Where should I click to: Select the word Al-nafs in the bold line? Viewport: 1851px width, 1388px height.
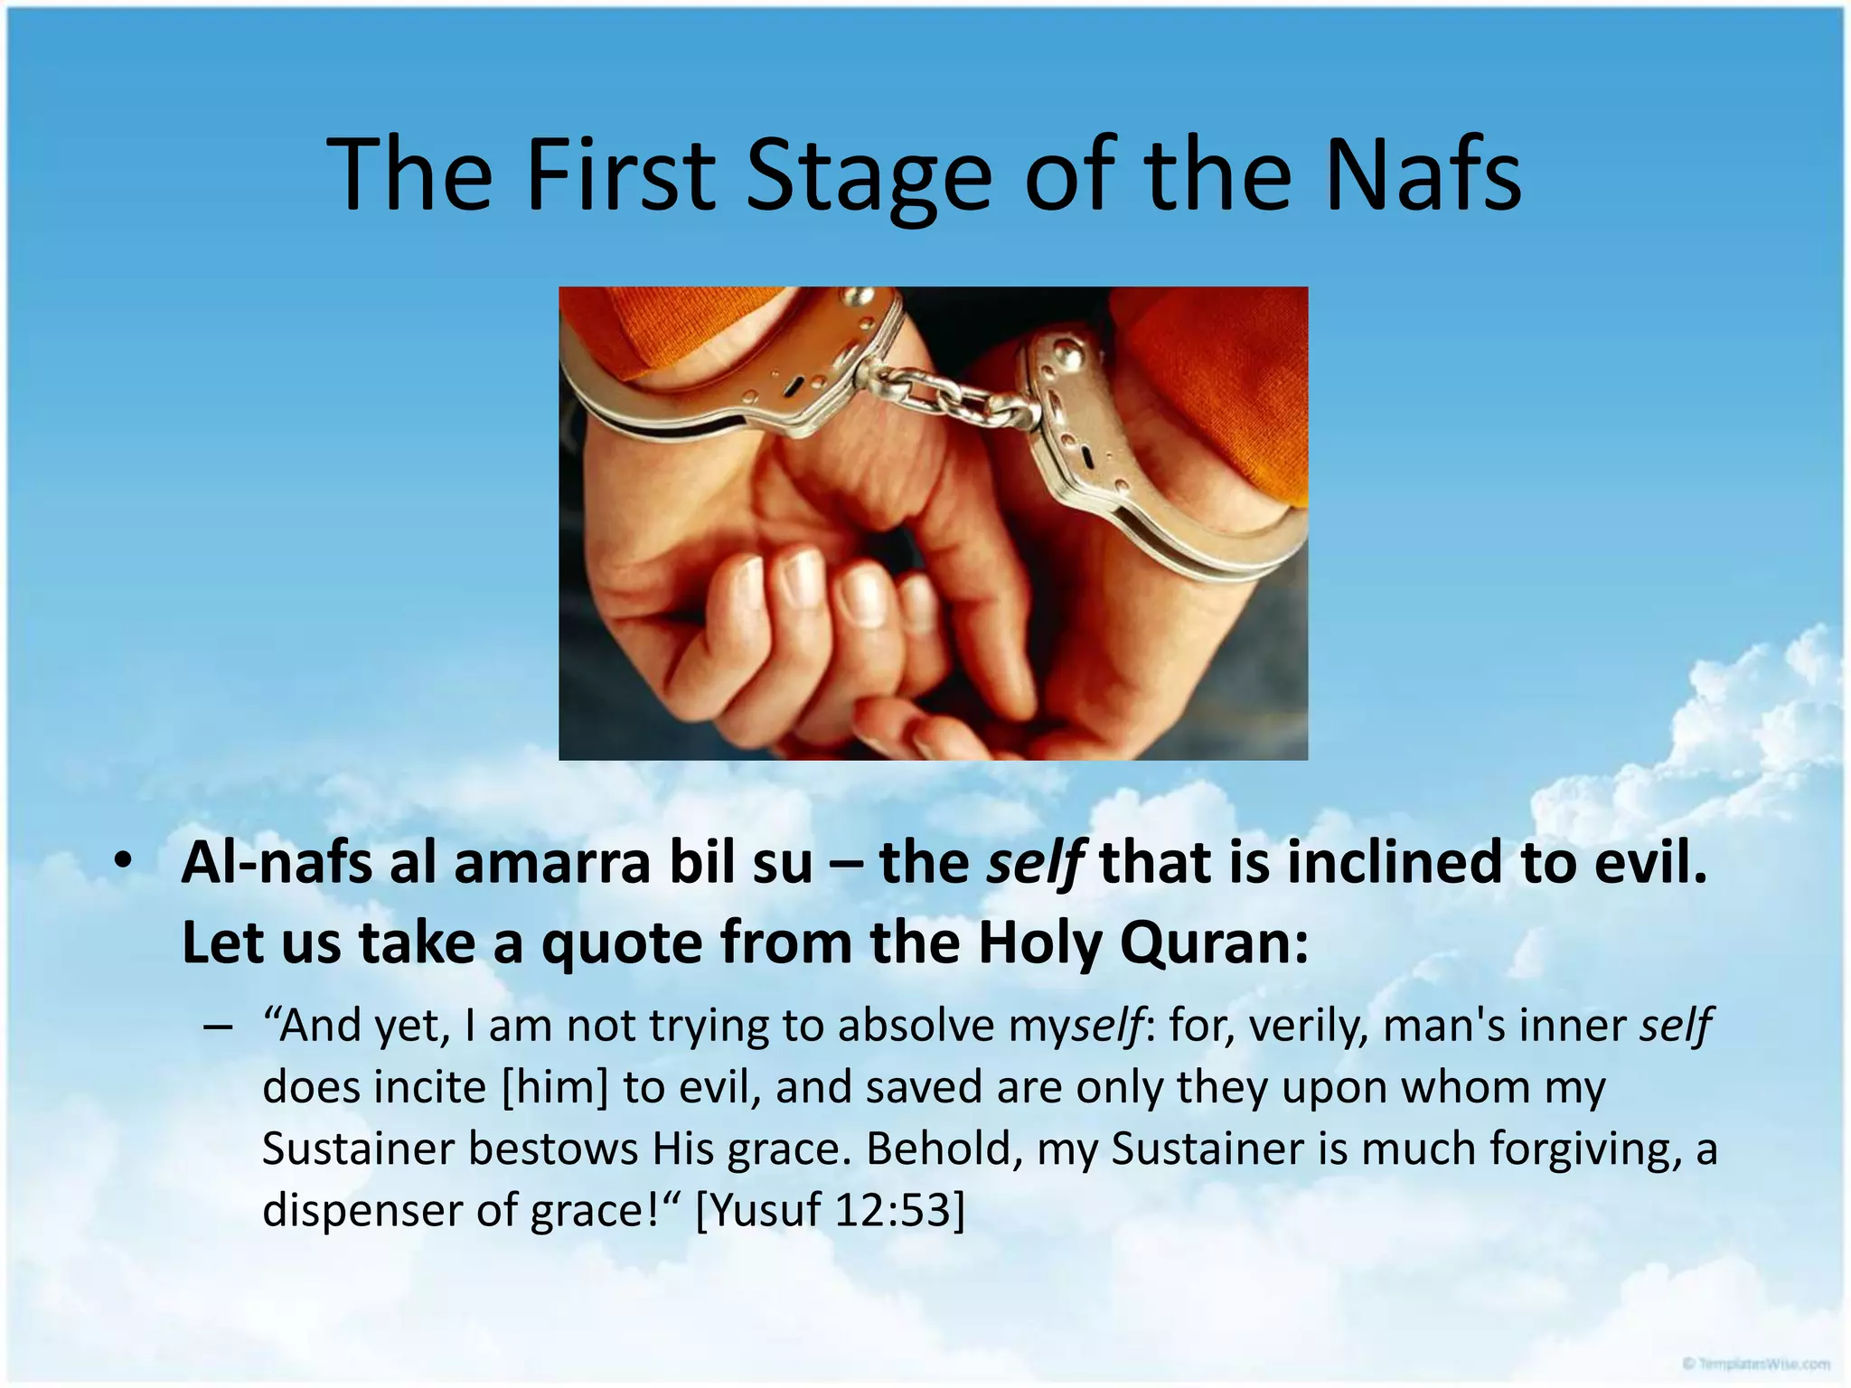(277, 863)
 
